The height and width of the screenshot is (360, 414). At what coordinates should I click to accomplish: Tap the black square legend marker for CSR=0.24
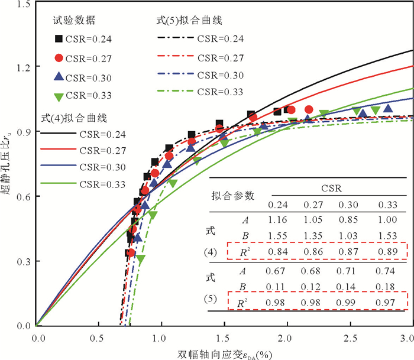59,39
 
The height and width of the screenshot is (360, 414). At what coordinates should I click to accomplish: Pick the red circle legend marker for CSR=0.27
59,59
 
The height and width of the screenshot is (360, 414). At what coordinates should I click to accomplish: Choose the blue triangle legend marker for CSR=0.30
59,77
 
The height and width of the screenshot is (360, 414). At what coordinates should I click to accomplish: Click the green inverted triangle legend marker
59,95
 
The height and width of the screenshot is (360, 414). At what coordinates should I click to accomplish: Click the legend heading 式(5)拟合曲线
185,21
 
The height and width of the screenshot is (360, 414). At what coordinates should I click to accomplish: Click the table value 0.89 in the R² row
388,251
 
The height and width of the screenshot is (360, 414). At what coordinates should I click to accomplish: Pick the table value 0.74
388,271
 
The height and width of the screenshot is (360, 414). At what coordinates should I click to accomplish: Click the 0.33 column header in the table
388,205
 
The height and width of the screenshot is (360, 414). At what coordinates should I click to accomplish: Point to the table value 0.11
277,287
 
